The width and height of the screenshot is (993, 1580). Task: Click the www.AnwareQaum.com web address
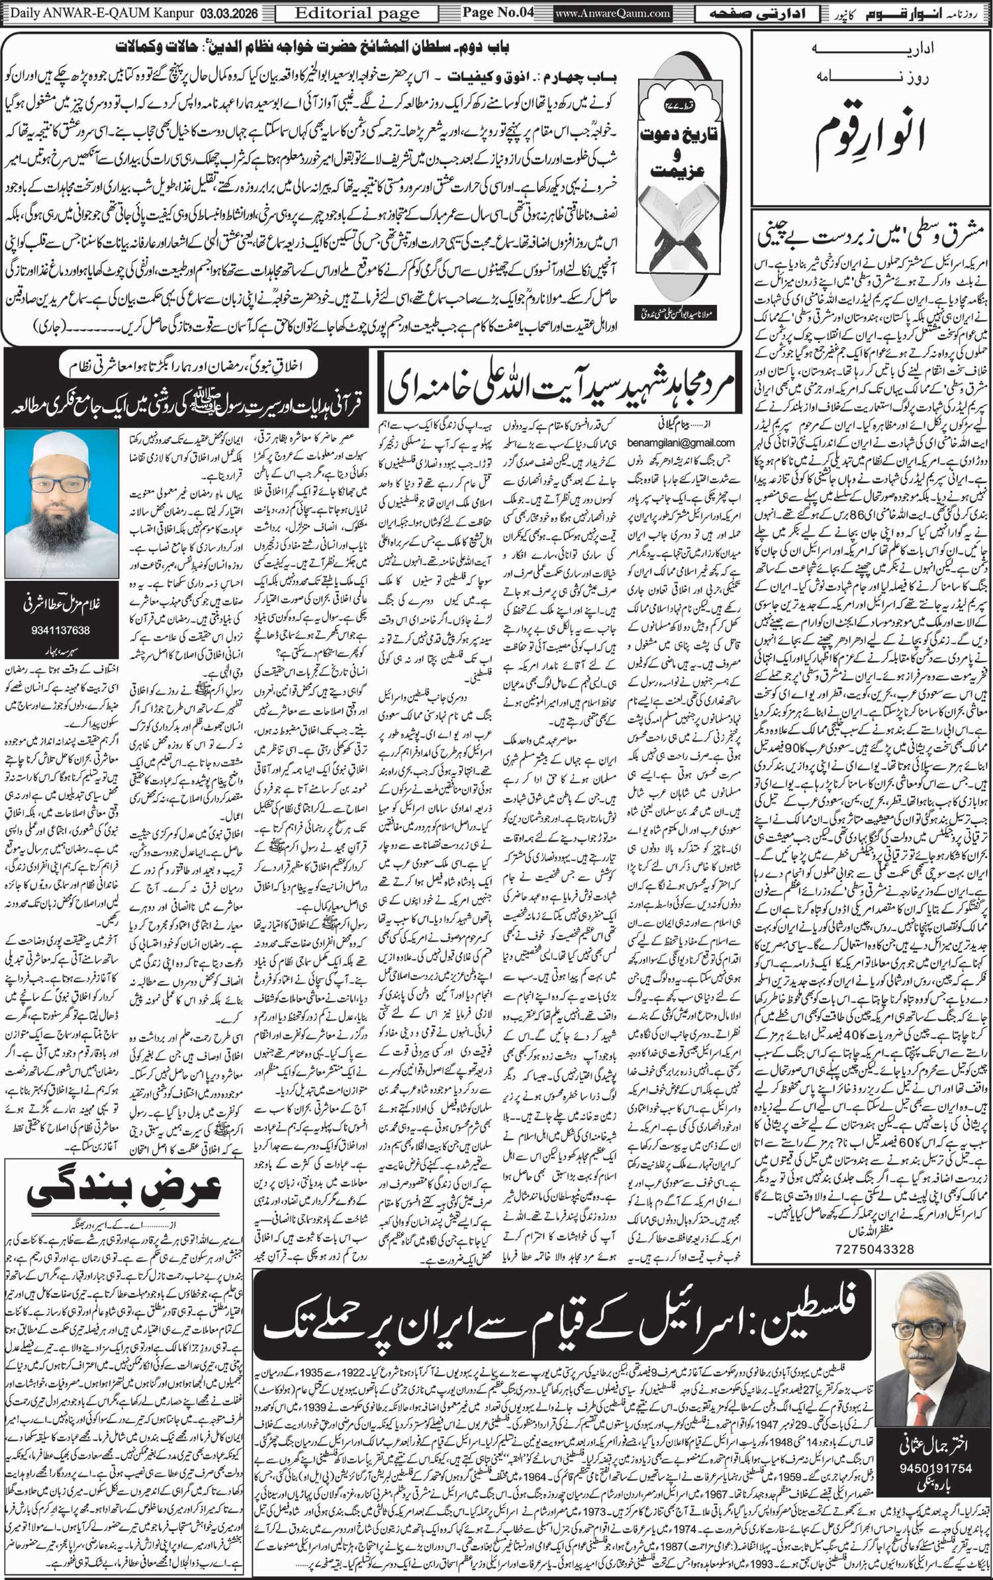(x=613, y=13)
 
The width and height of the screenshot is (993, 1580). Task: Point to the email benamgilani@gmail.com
(x=681, y=443)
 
